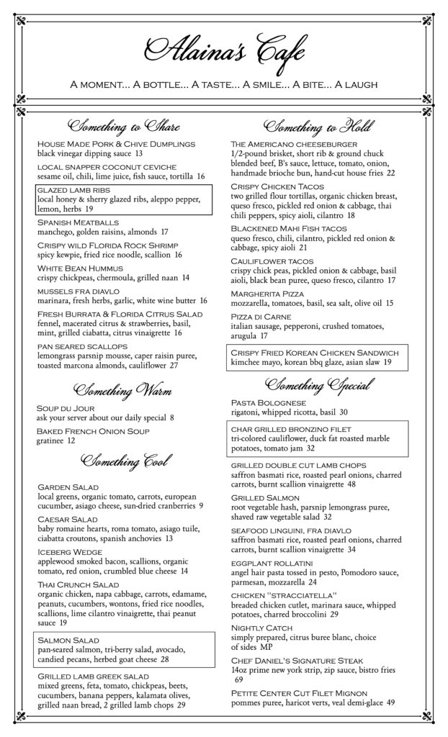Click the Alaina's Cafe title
click(224, 52)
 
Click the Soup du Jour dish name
click(62, 408)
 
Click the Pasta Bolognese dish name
click(268, 402)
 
